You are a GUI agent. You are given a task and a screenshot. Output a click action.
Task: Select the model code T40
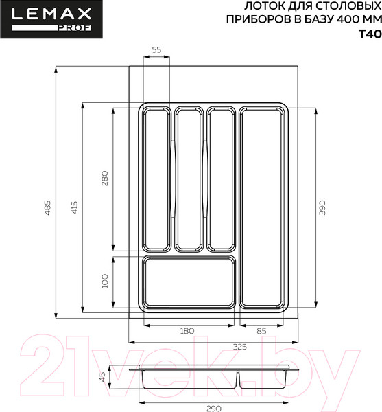tap(369, 34)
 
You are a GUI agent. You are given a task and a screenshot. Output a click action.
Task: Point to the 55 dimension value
tap(156, 50)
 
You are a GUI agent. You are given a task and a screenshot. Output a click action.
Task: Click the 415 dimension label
tap(74, 207)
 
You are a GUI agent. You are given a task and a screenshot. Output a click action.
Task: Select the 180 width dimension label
tap(187, 331)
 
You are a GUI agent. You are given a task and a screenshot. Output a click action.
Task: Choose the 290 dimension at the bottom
tap(213, 408)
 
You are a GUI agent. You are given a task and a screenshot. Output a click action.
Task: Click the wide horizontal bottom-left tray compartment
tap(189, 282)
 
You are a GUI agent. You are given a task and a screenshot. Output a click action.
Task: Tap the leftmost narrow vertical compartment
tap(156, 179)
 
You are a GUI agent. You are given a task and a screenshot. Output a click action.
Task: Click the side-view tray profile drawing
tap(213, 378)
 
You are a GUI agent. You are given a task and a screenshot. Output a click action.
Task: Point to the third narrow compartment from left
tap(220, 179)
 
